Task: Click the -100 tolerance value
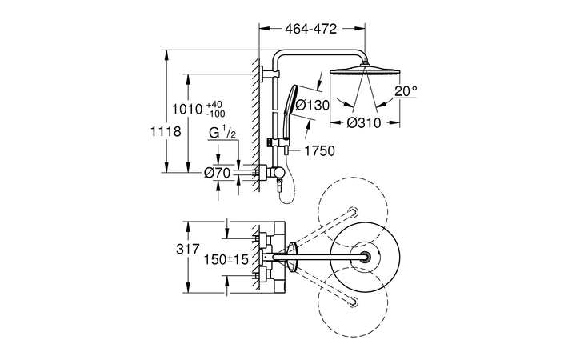[215, 115]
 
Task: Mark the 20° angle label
[405, 91]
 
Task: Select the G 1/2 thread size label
[222, 133]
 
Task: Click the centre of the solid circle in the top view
[365, 256]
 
